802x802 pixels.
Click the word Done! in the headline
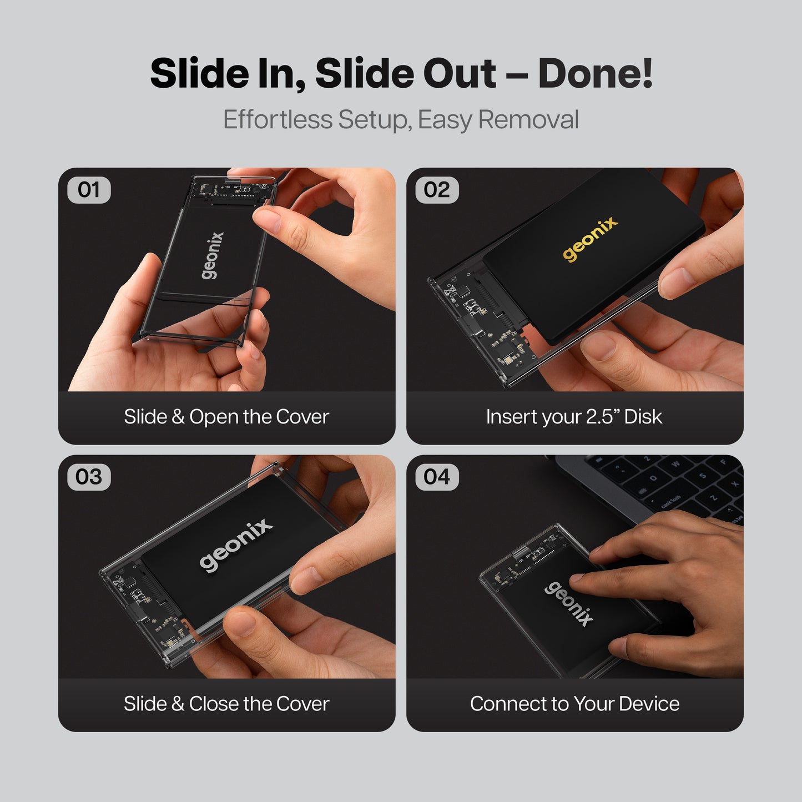tap(595, 73)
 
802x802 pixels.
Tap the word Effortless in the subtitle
tap(278, 119)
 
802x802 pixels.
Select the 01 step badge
tap(89, 190)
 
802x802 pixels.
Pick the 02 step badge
tap(437, 190)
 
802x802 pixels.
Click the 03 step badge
tap(89, 477)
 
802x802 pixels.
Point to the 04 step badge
tap(437, 477)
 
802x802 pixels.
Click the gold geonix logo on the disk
tap(590, 239)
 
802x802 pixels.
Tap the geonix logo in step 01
tap(213, 255)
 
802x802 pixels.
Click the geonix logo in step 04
tap(568, 603)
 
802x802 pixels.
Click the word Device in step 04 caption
tap(649, 704)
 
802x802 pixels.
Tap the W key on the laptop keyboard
tap(675, 463)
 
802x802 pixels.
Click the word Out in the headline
tap(460, 73)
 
